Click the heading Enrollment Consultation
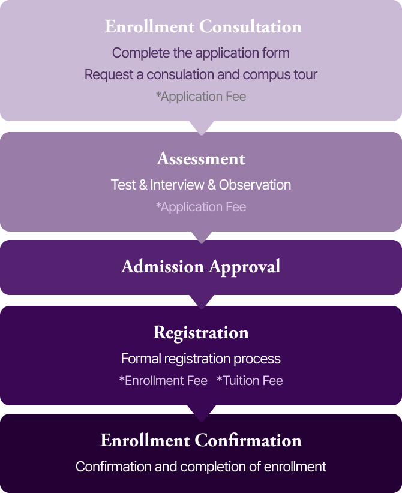[x=203, y=26]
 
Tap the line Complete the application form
[x=200, y=53]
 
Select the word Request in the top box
[x=109, y=75]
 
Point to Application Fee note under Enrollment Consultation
[x=201, y=97]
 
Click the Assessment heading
[x=201, y=158]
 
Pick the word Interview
[x=177, y=185]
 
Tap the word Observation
[x=255, y=185]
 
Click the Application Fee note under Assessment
[x=201, y=207]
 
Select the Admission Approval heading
[x=200, y=267]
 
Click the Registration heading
[x=201, y=333]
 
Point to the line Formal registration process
[x=200, y=359]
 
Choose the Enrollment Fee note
[x=163, y=381]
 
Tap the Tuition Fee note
[x=250, y=381]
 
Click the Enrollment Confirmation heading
[x=201, y=440]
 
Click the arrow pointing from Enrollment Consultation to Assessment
[x=202, y=128]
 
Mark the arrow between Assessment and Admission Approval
[x=202, y=237]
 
